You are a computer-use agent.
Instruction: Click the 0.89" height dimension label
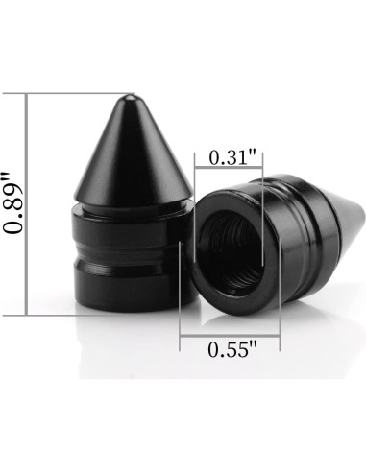click(12, 203)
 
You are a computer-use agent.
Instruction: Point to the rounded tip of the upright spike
click(130, 98)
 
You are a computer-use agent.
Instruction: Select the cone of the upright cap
click(133, 151)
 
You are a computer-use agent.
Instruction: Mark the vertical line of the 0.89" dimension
click(27, 204)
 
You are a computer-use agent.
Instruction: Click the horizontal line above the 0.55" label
click(230, 336)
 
